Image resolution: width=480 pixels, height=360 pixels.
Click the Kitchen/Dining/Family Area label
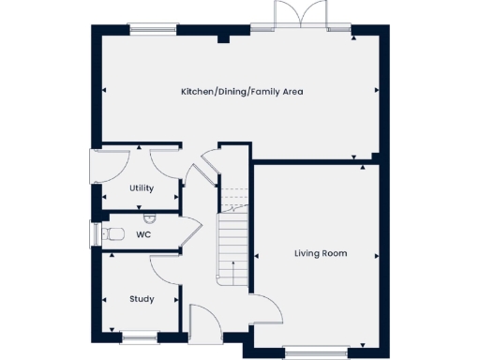point(242,92)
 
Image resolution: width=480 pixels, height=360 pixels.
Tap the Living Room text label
point(321,253)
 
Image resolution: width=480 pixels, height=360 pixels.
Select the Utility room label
point(142,188)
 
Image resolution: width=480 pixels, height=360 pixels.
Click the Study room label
point(142,299)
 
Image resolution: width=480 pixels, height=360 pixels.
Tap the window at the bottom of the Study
point(139,337)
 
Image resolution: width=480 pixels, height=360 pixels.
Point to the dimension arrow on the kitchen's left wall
point(105,91)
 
